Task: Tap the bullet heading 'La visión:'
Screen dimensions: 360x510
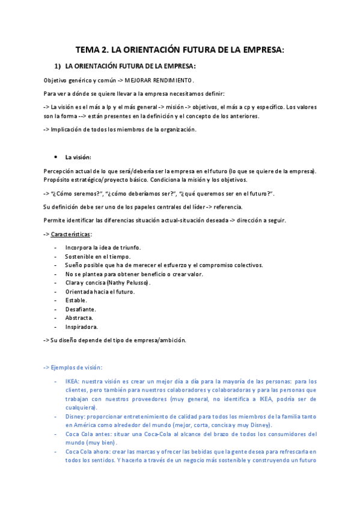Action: (x=78, y=157)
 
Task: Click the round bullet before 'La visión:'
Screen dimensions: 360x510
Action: (x=55, y=157)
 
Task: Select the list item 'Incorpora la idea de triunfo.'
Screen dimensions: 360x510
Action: (x=103, y=247)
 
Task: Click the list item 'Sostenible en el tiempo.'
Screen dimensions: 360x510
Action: (x=97, y=256)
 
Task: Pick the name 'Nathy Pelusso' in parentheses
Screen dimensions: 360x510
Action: (x=129, y=283)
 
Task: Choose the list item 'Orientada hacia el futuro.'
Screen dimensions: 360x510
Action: (x=100, y=292)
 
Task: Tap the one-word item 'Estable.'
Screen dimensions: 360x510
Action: (x=76, y=300)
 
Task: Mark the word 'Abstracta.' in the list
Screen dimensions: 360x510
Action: (x=80, y=318)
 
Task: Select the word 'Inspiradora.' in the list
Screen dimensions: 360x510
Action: (x=82, y=327)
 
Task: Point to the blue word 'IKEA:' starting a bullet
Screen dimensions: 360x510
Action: (x=72, y=381)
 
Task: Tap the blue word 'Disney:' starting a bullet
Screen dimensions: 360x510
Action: (x=76, y=416)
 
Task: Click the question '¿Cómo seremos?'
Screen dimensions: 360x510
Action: (x=76, y=193)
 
